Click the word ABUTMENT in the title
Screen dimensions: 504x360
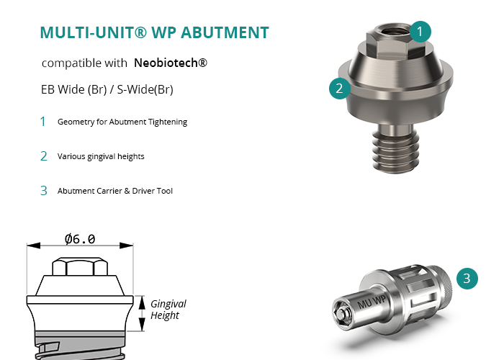[x=225, y=32]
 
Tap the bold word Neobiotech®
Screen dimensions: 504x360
[x=171, y=63]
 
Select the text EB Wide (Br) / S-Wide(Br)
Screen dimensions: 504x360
[x=107, y=89]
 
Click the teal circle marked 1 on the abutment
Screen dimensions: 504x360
[x=420, y=32]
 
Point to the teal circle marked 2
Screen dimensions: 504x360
[x=340, y=89]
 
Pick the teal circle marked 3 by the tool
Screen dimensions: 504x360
[x=467, y=279]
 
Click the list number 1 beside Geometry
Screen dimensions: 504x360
[x=42, y=122]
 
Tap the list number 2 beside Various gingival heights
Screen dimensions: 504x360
[x=44, y=156]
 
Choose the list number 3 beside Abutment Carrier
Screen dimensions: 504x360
[x=44, y=191]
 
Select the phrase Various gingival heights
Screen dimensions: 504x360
[x=101, y=156]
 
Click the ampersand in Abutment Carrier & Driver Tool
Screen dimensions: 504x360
[x=127, y=191]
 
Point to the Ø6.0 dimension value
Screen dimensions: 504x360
[x=80, y=239]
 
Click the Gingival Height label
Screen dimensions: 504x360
[x=168, y=310]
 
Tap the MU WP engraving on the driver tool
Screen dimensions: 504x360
[x=372, y=302]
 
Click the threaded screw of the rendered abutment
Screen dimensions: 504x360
[x=396, y=150]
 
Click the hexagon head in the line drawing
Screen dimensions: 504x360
[x=80, y=266]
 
